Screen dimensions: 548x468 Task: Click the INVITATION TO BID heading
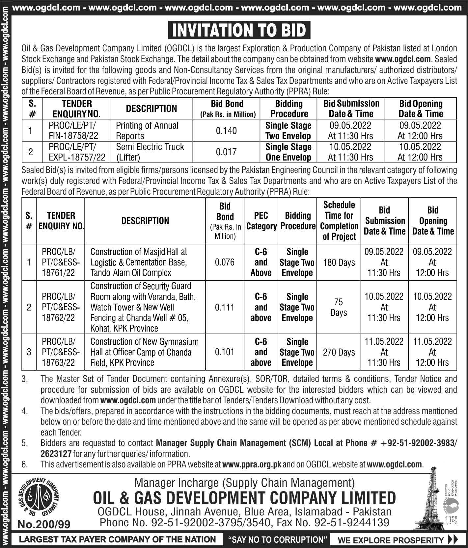pyautogui.click(x=239, y=31)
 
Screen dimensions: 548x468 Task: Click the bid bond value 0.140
pyautogui.click(x=226, y=131)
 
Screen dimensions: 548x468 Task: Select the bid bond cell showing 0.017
pyautogui.click(x=226, y=152)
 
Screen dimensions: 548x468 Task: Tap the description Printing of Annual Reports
pyautogui.click(x=147, y=131)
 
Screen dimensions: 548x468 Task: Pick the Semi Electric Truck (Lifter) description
pyautogui.click(x=150, y=152)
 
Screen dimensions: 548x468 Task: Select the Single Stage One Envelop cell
pyautogui.click(x=288, y=152)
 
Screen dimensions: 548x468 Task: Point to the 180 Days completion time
pyautogui.click(x=339, y=262)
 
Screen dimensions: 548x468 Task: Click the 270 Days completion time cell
pyautogui.click(x=339, y=352)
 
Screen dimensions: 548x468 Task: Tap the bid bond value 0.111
pyautogui.click(x=225, y=307)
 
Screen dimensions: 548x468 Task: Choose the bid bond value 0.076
pyautogui.click(x=225, y=262)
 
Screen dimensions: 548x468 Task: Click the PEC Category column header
pyautogui.click(x=261, y=221)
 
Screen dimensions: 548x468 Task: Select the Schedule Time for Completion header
pyautogui.click(x=339, y=221)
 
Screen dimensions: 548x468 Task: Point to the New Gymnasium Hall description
pyautogui.click(x=144, y=352)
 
